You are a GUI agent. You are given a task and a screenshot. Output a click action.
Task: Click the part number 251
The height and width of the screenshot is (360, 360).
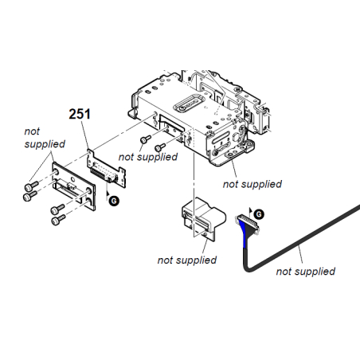(x=80, y=114)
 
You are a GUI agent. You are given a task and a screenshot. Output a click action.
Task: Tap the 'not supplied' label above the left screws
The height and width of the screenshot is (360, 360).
(x=45, y=138)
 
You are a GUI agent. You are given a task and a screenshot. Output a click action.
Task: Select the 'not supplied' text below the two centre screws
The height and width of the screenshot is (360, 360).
(x=148, y=157)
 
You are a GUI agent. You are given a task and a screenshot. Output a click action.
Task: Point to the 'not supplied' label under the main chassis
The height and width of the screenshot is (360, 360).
(x=252, y=184)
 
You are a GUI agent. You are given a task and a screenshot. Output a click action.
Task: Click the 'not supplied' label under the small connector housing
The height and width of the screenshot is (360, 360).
(x=187, y=260)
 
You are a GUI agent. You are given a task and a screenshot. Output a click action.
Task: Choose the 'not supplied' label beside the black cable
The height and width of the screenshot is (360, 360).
(x=306, y=271)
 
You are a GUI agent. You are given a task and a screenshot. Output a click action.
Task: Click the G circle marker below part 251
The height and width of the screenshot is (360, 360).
(x=114, y=201)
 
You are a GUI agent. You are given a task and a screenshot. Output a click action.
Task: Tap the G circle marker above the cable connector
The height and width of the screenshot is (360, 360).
(x=259, y=214)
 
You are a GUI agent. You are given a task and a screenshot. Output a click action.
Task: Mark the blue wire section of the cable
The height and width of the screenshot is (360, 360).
(x=244, y=233)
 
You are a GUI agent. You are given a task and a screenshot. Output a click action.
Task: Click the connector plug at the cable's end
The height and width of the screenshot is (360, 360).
(x=247, y=223)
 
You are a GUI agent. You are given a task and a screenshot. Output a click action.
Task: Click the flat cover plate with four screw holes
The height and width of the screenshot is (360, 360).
(x=73, y=186)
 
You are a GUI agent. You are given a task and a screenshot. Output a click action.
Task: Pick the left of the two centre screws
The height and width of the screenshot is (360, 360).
(x=145, y=139)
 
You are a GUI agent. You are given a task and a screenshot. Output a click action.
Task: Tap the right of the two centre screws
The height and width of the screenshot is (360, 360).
(x=160, y=147)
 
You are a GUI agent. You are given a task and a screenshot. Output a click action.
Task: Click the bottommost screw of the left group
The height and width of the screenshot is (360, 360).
(x=58, y=220)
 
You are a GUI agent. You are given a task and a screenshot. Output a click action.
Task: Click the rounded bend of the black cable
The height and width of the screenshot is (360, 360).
(x=247, y=268)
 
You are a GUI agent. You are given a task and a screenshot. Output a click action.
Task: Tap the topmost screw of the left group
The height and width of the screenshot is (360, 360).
(x=31, y=186)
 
